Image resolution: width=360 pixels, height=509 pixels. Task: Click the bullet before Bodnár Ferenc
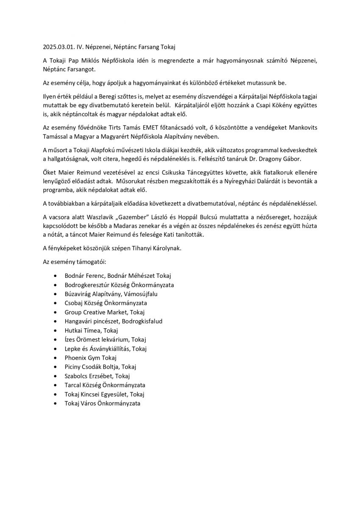(x=56, y=276)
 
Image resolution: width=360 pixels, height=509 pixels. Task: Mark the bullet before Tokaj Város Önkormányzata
(x=56, y=403)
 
